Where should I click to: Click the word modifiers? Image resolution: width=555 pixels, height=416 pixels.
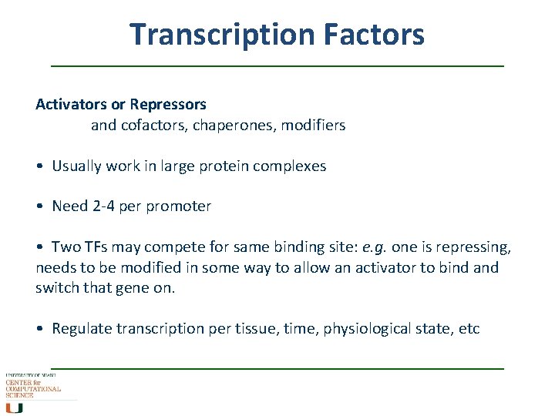(x=315, y=125)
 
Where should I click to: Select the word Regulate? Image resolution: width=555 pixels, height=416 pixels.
(x=82, y=329)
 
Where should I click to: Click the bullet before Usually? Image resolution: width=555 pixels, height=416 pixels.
(x=40, y=166)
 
